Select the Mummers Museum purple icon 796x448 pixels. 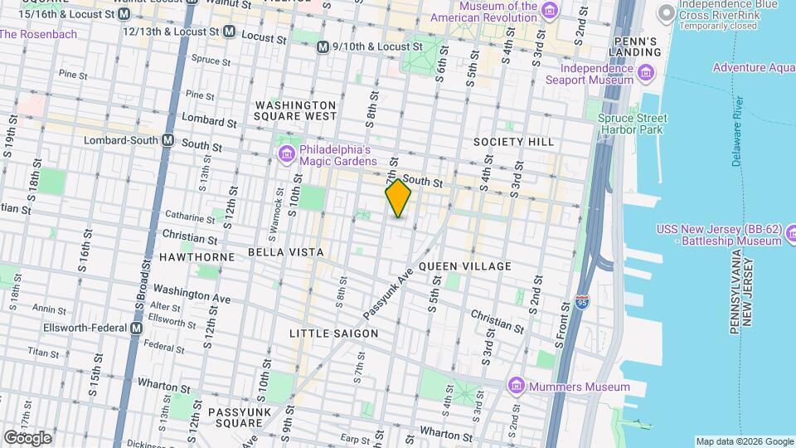coord(517,386)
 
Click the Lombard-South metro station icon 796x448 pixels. coord(168,140)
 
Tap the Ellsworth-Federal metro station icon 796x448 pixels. coord(135,328)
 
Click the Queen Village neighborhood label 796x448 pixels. coord(464,265)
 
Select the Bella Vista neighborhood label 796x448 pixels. coord(284,251)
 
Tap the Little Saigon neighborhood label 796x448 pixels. coord(333,333)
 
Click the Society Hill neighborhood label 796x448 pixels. coord(513,142)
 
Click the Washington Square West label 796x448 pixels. coord(296,110)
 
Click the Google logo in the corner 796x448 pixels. coord(27,437)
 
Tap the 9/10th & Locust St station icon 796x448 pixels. coord(323,47)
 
